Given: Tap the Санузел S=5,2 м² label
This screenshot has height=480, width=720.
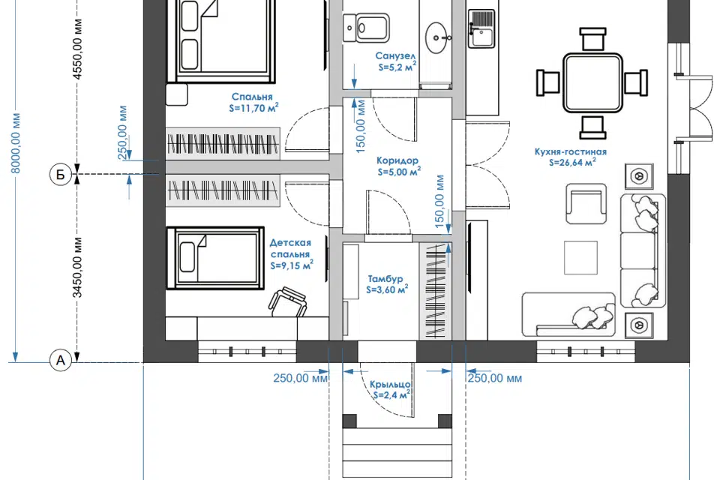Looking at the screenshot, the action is point(396,61).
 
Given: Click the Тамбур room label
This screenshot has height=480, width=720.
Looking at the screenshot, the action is point(387,284).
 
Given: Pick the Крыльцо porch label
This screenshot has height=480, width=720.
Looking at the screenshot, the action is point(390,389).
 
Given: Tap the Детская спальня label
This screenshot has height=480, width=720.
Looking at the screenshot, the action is point(291,254).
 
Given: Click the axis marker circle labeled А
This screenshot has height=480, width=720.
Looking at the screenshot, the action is point(61,361).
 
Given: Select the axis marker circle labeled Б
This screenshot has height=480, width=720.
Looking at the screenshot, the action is point(61,175).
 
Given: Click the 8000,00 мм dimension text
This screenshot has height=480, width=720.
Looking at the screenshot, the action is point(16,143).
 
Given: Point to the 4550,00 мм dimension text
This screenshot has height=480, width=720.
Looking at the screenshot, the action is point(77,49).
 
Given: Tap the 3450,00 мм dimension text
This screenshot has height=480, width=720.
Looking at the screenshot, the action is point(77,267).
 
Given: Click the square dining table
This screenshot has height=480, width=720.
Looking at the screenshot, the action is point(592,82).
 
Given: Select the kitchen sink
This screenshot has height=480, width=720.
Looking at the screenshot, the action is point(481,28).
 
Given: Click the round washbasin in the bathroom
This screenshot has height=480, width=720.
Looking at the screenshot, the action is point(436,37).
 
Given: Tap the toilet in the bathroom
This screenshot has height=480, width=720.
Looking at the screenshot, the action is point(366,28).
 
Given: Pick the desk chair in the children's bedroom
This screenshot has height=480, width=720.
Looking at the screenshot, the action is point(288,301).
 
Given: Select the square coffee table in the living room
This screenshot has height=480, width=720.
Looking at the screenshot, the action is point(580,257).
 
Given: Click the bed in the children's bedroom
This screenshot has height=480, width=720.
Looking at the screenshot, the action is point(215,257).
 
